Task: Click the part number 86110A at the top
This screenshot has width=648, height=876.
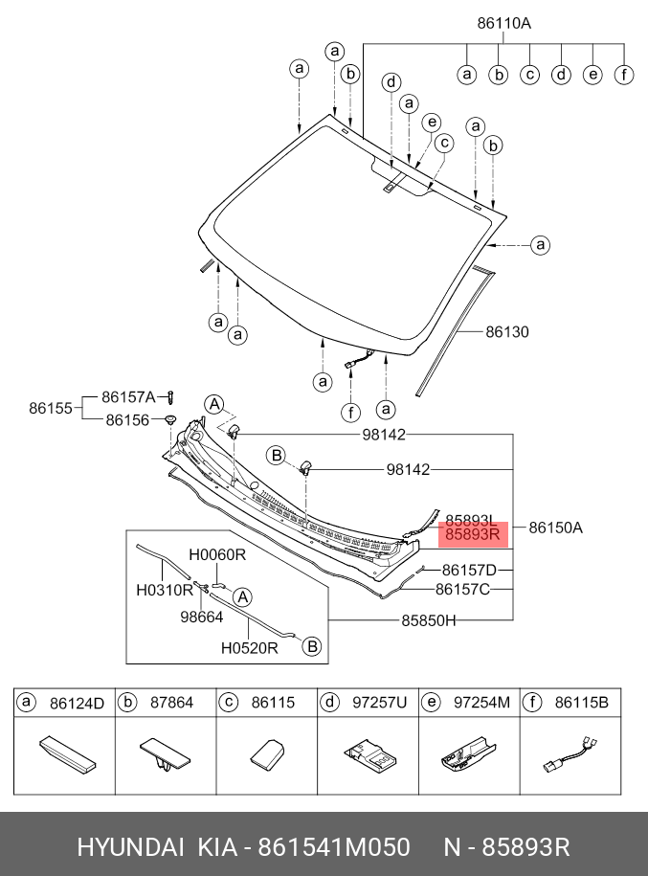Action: pos(503,24)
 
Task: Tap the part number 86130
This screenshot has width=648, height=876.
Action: pos(506,332)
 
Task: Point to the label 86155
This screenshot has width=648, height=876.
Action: pos(51,407)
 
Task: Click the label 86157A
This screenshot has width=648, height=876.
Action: pos(128,395)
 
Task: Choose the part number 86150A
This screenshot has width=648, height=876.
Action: pos(556,528)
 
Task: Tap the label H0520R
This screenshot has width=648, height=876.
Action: pos(249,647)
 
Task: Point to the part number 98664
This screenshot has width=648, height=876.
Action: pos(202,618)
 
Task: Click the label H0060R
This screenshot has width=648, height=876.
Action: pos(217,554)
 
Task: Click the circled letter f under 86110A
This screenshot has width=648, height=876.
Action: pos(624,74)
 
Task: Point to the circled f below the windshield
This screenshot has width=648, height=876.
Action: pos(350,413)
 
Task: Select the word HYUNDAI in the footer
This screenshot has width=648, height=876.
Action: pos(130,847)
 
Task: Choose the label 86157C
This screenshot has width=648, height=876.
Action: pos(462,590)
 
